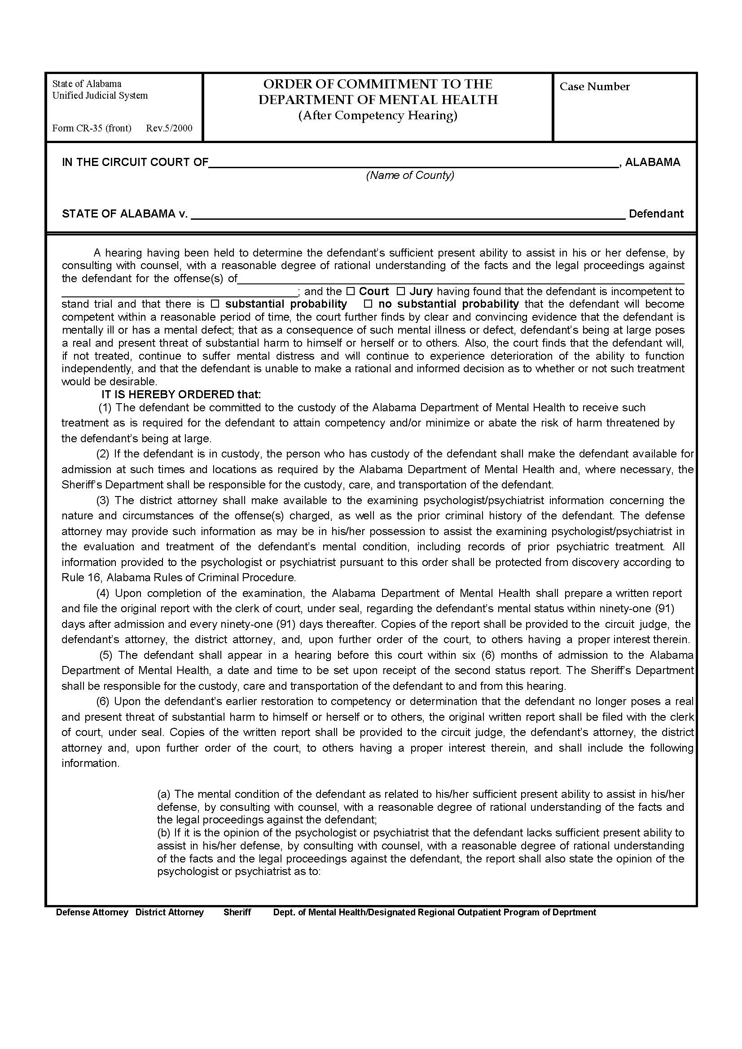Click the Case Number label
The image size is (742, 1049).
point(594,87)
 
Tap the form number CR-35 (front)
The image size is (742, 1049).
point(92,128)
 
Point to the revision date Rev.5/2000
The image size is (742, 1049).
point(169,128)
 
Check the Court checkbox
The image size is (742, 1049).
point(350,291)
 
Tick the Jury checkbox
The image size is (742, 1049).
point(400,291)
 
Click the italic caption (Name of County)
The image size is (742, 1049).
point(410,175)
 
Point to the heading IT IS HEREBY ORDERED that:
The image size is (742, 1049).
point(181,394)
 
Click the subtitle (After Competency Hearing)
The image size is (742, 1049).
point(378,116)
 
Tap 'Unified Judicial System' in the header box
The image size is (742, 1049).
point(100,96)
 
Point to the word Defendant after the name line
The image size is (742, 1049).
point(656,214)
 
